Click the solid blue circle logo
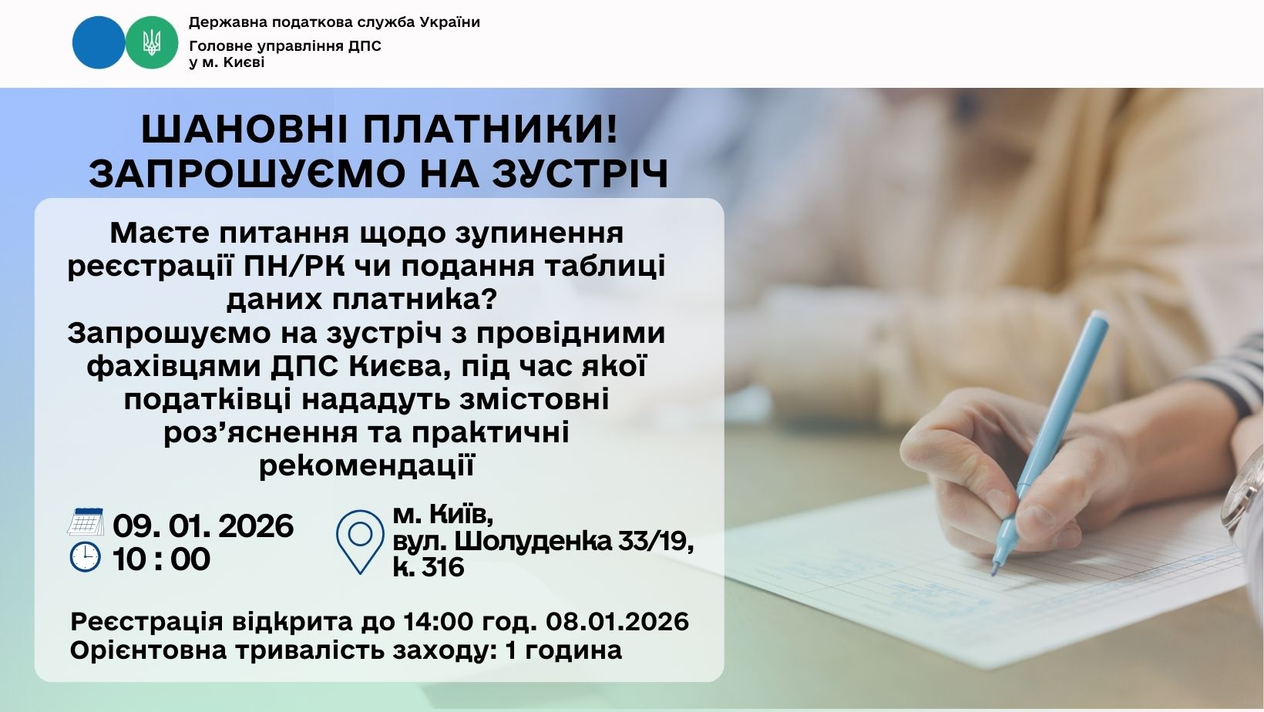pyautogui.click(x=98, y=42)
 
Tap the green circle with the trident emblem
pyautogui.click(x=151, y=42)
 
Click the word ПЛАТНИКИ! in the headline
pyautogui.click(x=490, y=129)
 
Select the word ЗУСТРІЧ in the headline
pyautogui.click(x=580, y=173)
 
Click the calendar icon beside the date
pyautogui.click(x=86, y=522)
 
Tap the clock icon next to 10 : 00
pyautogui.click(x=86, y=557)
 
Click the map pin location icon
pyautogui.click(x=360, y=542)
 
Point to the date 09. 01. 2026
pyautogui.click(x=203, y=526)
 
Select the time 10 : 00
pyautogui.click(x=161, y=559)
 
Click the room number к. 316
pyautogui.click(x=429, y=566)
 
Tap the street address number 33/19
pyautogui.click(x=656, y=541)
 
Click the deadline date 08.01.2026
pyautogui.click(x=617, y=622)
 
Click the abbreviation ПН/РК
pyautogui.click(x=294, y=267)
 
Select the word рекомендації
pyautogui.click(x=367, y=465)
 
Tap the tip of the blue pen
pyautogui.click(x=994, y=573)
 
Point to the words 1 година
pyautogui.click(x=563, y=650)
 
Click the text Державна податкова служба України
pyautogui.click(x=334, y=22)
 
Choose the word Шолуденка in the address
pyautogui.click(x=533, y=541)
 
